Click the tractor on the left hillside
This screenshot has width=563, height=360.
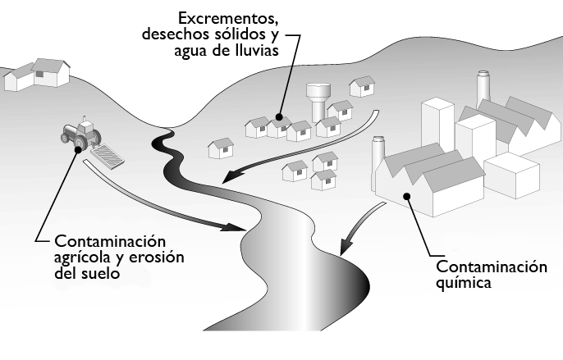point(81,134)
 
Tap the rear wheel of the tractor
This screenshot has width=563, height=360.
point(80,144)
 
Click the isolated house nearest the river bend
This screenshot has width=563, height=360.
point(221,148)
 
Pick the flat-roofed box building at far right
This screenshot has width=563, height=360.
point(511,174)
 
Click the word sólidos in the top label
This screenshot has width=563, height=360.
point(240,34)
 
